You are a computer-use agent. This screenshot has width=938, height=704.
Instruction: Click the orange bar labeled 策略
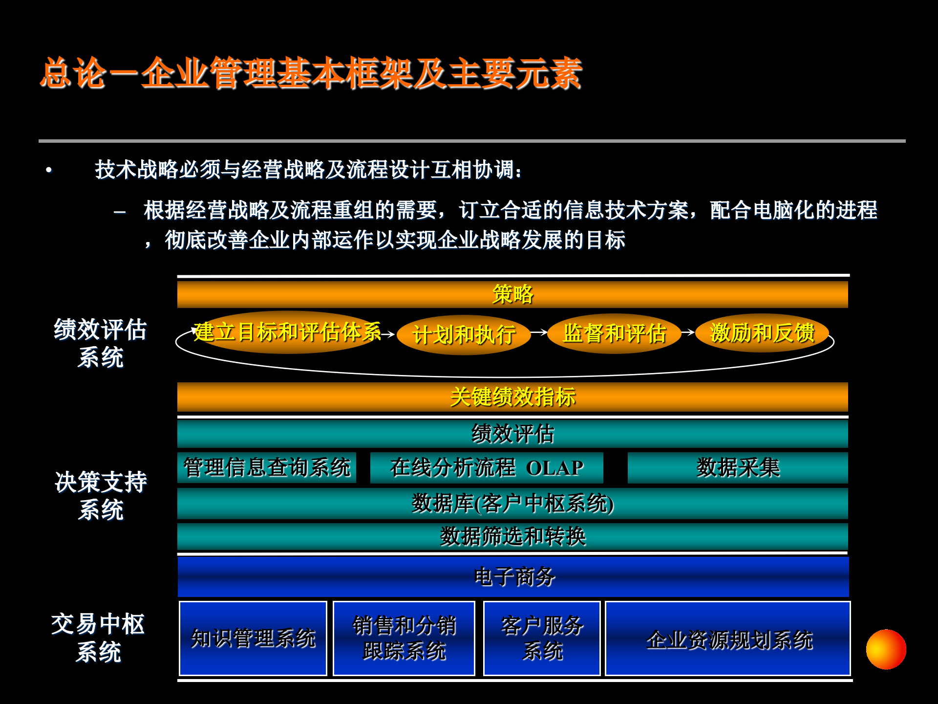click(512, 294)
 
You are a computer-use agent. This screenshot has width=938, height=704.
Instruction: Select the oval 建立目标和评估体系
click(287, 332)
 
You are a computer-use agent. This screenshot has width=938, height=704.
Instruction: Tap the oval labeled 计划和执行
click(464, 335)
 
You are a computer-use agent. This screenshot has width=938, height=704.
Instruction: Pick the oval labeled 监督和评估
click(614, 333)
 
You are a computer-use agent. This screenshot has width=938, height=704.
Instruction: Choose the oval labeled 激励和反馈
click(762, 333)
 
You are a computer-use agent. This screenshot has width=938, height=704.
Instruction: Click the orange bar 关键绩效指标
click(512, 397)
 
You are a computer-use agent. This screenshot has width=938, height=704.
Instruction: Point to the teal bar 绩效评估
click(512, 434)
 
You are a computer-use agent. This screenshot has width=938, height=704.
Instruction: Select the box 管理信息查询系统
click(267, 467)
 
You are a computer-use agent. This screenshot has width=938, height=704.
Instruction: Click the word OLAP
click(554, 468)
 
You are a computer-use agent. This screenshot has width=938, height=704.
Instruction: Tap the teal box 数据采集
click(738, 467)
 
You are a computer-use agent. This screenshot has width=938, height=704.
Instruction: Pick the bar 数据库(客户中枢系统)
click(512, 504)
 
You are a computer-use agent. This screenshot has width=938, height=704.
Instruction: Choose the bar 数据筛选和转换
click(512, 536)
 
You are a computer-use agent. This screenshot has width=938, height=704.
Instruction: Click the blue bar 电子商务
click(513, 577)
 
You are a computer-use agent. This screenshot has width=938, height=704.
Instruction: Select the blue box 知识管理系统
click(253, 638)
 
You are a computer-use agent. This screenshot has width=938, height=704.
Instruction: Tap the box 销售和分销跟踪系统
click(404, 638)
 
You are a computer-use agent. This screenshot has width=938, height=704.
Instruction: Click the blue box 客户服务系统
click(542, 638)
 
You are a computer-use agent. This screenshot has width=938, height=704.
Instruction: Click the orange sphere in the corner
click(886, 649)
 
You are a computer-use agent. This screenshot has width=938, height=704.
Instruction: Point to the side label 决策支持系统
click(101, 496)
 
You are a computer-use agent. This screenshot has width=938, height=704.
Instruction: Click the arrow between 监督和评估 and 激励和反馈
click(688, 332)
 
